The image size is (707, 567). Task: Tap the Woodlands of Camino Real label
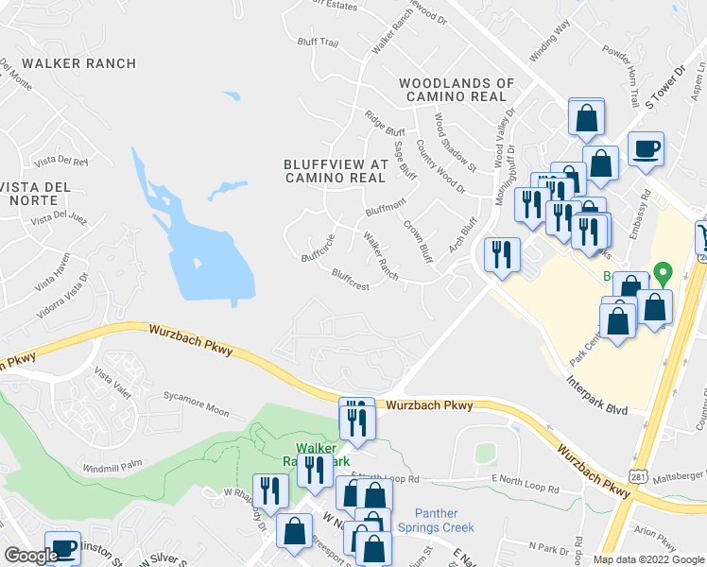(457, 90)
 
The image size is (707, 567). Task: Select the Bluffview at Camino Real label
(336, 170)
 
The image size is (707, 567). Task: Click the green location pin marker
(664, 274)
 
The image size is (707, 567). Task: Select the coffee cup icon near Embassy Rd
(646, 148)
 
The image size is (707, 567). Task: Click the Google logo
(31, 556)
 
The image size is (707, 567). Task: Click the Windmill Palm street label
(112, 464)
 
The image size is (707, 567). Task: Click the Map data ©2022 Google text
(647, 559)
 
